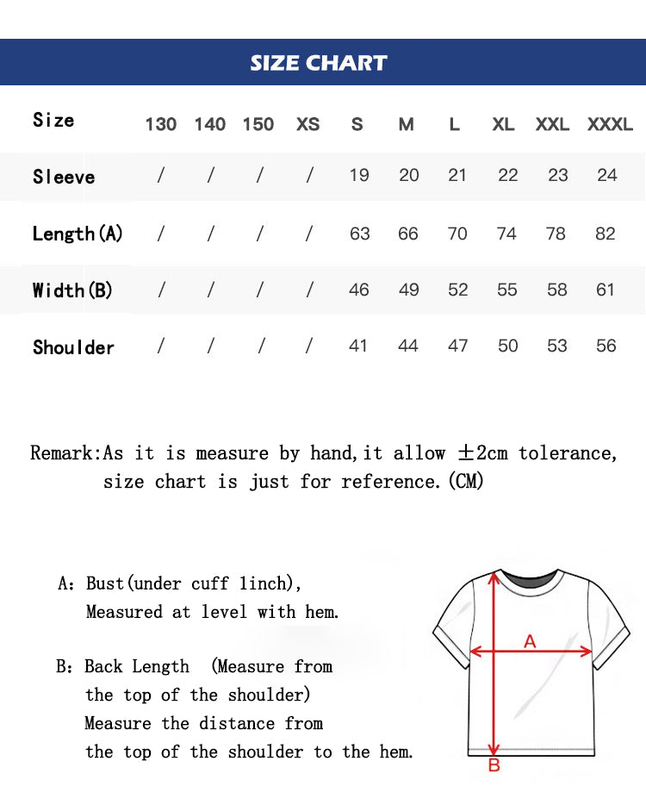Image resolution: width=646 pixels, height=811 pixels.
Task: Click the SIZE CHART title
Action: (x=319, y=63)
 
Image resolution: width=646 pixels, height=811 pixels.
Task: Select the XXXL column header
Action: (x=610, y=124)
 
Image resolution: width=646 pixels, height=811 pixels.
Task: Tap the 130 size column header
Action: (x=160, y=124)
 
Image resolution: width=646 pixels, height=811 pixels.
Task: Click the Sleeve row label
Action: (x=64, y=177)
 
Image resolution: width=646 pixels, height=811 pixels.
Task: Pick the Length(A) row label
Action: (x=78, y=234)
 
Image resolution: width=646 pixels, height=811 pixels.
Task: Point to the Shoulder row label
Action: (x=73, y=347)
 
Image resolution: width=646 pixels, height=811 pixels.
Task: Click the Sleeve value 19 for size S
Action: (x=359, y=175)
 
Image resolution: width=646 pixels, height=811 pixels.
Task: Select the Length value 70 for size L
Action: (x=457, y=234)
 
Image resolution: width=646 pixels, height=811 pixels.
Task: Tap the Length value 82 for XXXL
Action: (x=606, y=234)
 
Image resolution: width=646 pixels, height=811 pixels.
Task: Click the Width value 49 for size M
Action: (x=408, y=290)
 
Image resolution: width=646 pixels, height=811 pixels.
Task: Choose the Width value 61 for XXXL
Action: (x=606, y=290)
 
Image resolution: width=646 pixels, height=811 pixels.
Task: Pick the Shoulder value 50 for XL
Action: (x=508, y=346)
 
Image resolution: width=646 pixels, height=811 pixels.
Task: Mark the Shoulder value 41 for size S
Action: (x=358, y=346)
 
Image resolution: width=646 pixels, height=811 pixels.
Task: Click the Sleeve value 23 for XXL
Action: (x=558, y=175)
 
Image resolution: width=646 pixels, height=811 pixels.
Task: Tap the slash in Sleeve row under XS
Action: (x=309, y=176)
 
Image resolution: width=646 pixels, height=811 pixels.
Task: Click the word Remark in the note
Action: (x=65, y=453)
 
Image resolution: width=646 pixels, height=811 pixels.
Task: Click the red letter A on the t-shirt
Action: (x=531, y=640)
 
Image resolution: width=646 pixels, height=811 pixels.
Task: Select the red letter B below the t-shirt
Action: (x=494, y=765)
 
